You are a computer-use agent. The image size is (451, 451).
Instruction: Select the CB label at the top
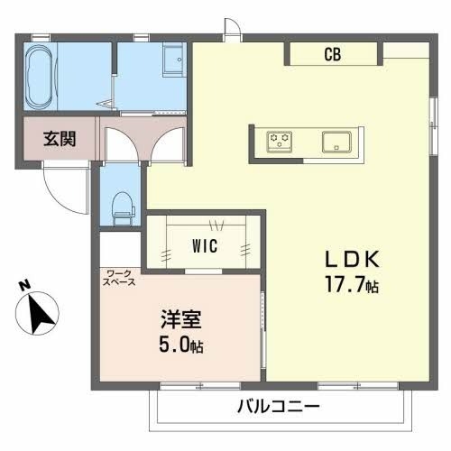click(x=332, y=54)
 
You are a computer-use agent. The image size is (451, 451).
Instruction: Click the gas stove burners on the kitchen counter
click(x=280, y=141)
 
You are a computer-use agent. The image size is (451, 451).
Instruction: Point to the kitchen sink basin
click(x=337, y=141)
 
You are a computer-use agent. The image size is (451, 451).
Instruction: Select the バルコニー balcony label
click(x=280, y=407)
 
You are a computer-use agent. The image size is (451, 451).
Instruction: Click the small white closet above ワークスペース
click(x=120, y=248)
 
